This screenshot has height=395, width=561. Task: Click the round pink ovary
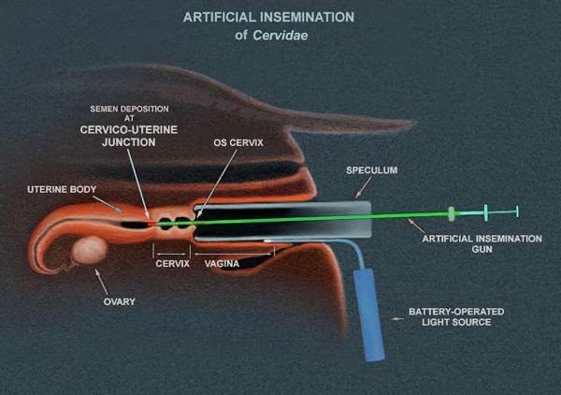point(92,250)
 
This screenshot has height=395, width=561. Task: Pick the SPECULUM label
point(372,171)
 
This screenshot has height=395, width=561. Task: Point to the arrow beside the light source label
point(397,318)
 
